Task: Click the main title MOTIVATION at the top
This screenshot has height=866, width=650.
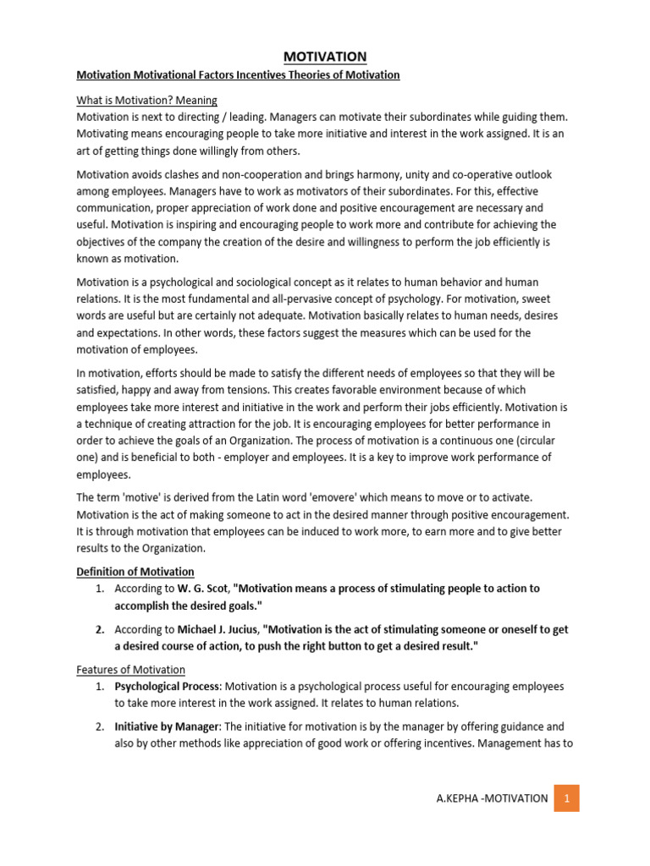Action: (325, 57)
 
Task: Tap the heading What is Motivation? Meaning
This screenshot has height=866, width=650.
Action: (147, 101)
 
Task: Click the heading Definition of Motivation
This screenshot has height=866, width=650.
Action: (135, 572)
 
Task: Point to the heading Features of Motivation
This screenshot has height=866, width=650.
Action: (131, 670)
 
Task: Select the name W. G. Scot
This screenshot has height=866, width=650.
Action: (201, 588)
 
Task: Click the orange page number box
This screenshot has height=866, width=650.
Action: (566, 798)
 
